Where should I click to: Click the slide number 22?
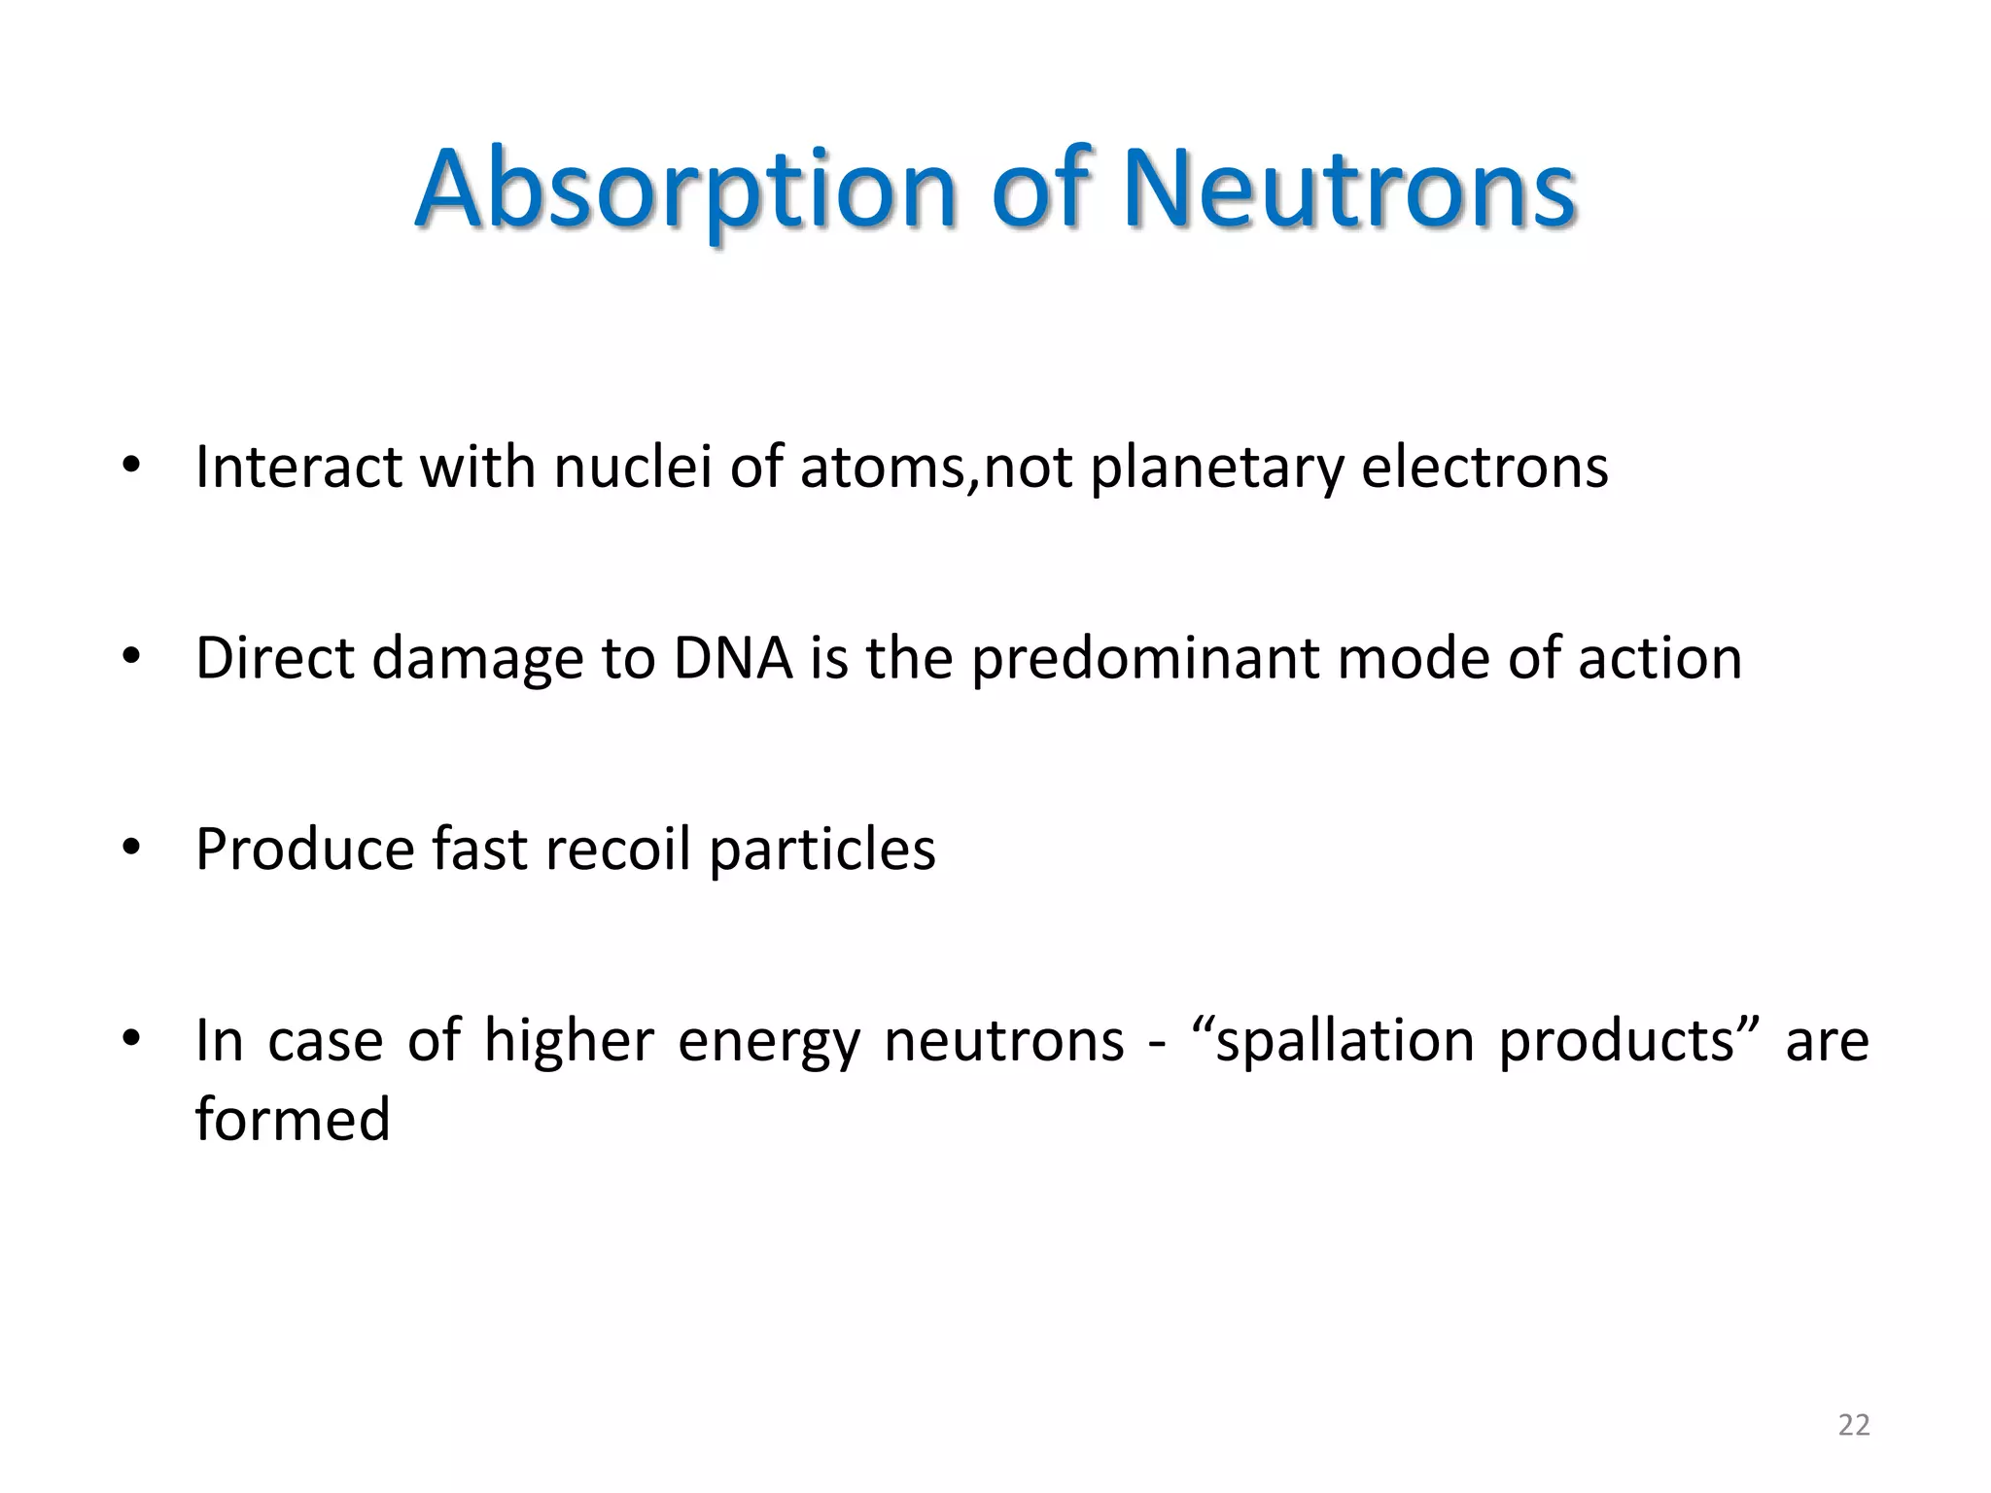(x=1853, y=1425)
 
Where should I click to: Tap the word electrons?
(x=1485, y=467)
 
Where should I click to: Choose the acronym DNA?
(x=733, y=658)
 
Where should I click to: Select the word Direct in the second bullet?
(x=275, y=658)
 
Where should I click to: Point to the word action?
(x=1659, y=658)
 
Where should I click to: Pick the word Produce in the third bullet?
(x=305, y=850)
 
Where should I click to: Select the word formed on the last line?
(x=293, y=1119)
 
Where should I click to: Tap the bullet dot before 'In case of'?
(x=132, y=1039)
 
